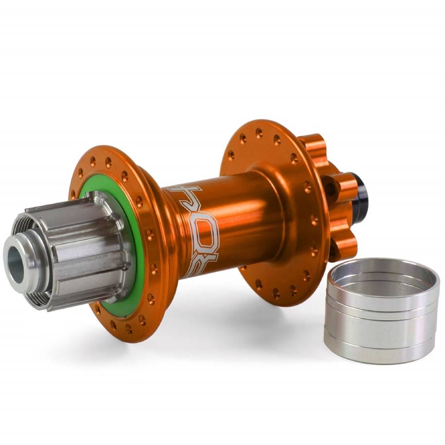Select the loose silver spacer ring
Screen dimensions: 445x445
pyautogui.click(x=381, y=316)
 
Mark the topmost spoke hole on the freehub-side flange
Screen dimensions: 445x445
pyautogui.click(x=93, y=161)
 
